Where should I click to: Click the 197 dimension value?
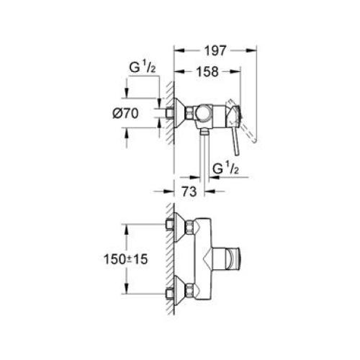point(214,50)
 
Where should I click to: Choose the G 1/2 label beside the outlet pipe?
point(224,168)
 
